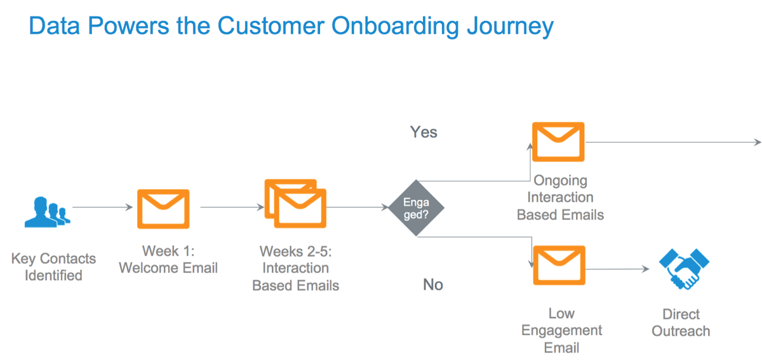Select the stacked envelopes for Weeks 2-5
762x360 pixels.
295,203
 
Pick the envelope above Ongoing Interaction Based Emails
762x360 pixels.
558,142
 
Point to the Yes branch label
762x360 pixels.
424,133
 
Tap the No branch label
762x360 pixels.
432,284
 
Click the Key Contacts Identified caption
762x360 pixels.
53,267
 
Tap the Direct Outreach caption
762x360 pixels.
681,323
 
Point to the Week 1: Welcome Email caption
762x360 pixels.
168,259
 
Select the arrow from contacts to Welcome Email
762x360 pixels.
102,207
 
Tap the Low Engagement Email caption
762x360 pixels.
561,330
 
